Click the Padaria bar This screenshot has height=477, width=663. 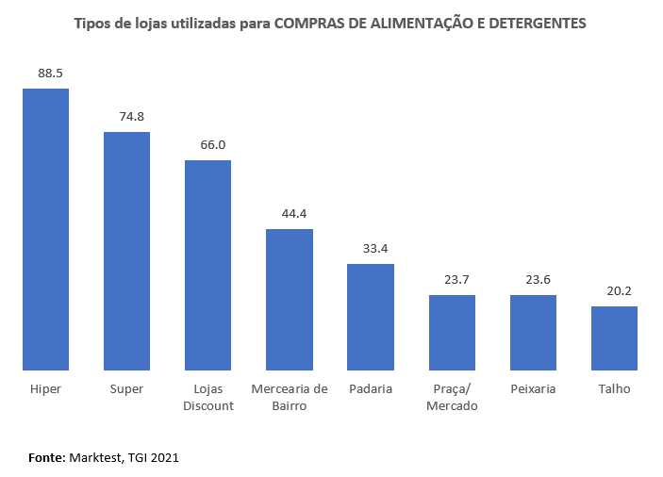371,317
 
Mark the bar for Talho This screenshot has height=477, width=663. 614,337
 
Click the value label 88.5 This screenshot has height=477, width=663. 45,73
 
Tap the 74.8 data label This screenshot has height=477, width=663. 126,116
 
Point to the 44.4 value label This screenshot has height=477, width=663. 290,213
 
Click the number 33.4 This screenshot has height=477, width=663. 371,248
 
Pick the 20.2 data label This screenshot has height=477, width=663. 614,290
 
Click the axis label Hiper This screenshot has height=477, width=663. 45,388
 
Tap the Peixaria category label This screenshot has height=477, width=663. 533,388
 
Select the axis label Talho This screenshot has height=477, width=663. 614,388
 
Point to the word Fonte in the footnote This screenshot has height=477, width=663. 45,457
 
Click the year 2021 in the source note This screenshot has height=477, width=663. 163,457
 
